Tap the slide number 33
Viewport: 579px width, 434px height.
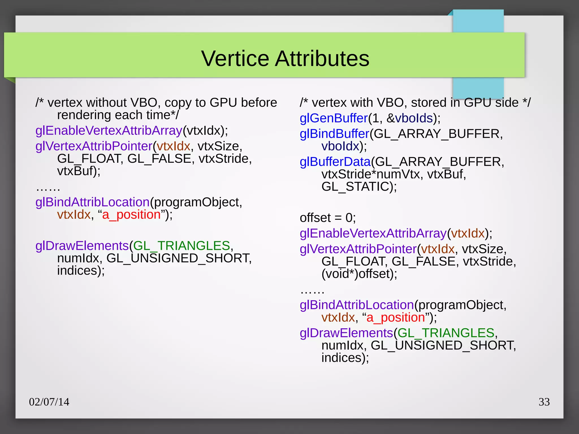pos(544,402)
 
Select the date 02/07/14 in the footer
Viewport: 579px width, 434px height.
pos(49,402)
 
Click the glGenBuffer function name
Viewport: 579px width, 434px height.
pos(334,118)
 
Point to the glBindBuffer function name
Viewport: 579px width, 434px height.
pos(335,134)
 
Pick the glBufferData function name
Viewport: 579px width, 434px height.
pos(335,162)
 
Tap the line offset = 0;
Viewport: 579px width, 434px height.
pos(328,218)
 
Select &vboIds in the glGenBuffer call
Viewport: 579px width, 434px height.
pos(410,118)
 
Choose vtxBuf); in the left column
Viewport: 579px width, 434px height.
pos(79,171)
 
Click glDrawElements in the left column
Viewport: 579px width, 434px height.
pos(82,246)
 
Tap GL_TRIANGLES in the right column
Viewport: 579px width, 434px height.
pos(446,333)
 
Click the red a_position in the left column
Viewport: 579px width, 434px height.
pos(131,214)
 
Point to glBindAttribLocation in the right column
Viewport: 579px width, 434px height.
pos(357,305)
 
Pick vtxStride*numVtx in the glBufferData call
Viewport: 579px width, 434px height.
pos(371,174)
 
